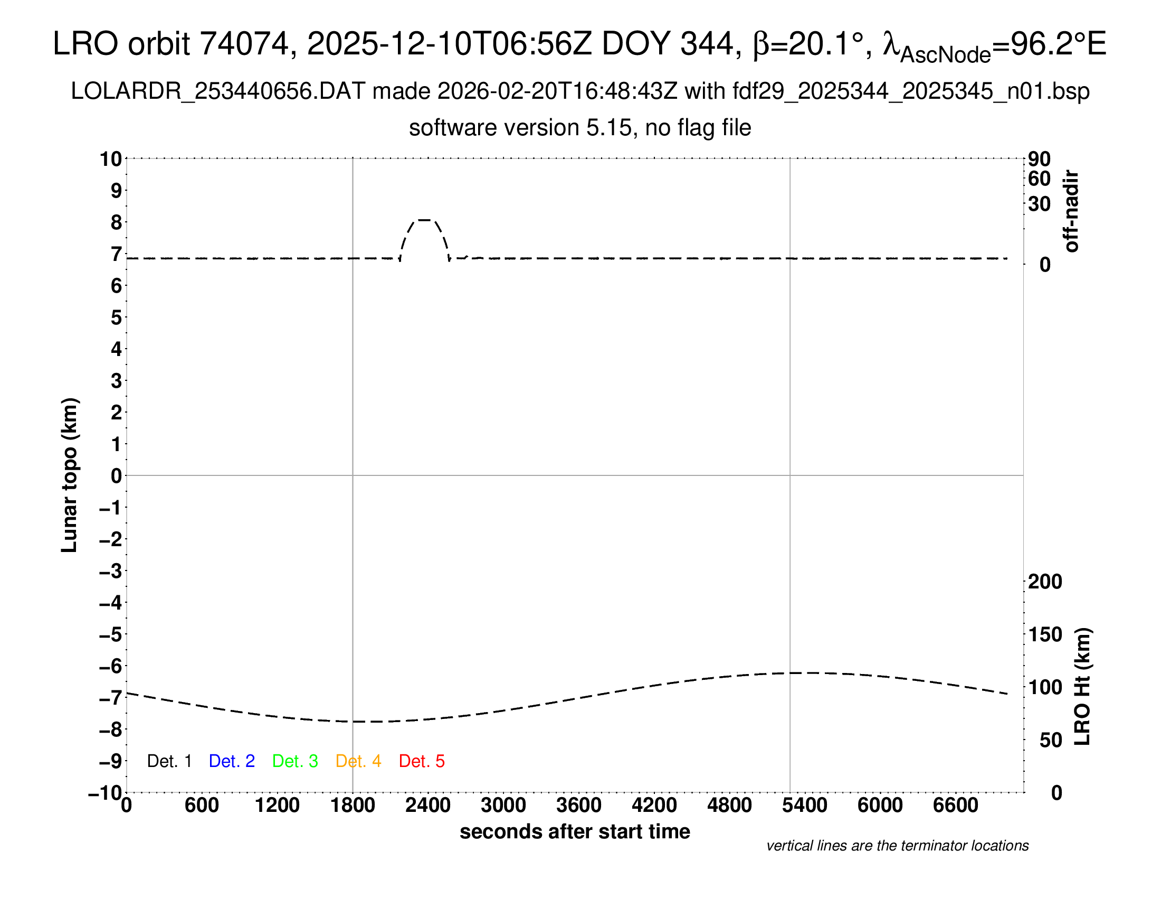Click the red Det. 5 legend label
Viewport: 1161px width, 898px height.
tap(422, 761)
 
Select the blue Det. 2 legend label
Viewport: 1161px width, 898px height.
tap(232, 761)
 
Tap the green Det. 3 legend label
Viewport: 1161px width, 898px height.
tap(295, 761)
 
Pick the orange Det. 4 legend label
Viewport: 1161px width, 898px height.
tap(358, 761)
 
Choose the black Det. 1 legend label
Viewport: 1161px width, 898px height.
tap(169, 761)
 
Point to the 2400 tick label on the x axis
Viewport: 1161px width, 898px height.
tap(428, 806)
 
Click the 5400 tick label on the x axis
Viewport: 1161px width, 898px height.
tap(805, 806)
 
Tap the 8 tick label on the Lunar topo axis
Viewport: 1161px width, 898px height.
tap(117, 222)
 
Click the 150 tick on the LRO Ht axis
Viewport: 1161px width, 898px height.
tap(1045, 634)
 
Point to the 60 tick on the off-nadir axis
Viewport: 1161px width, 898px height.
tap(1040, 179)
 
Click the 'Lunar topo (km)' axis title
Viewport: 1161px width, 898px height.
tap(70, 475)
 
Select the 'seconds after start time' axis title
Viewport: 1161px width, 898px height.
tap(575, 832)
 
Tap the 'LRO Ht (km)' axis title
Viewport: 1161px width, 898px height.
tap(1082, 687)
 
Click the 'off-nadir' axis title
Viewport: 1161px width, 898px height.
tap(1071, 211)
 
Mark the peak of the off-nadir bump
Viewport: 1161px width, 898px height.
tap(424, 220)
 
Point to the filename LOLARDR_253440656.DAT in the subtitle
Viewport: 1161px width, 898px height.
tap(218, 91)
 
